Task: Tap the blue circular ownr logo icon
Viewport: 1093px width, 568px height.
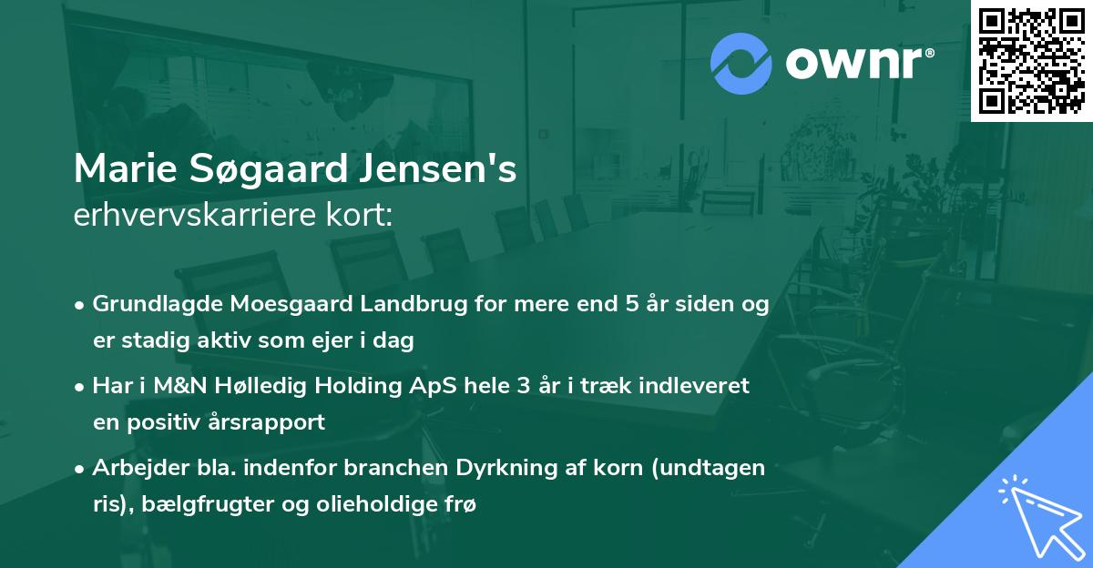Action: click(x=742, y=63)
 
